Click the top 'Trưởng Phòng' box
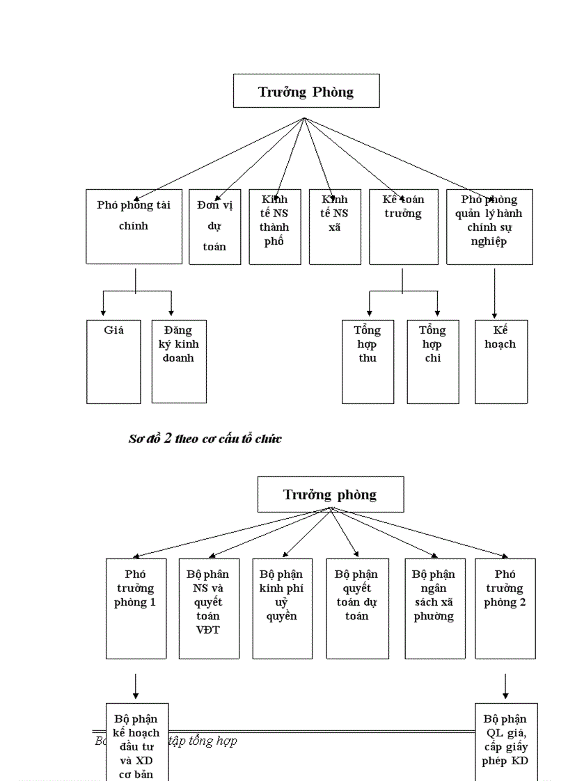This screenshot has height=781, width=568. (306, 91)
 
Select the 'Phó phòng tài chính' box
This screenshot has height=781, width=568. (134, 226)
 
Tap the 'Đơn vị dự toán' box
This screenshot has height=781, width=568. (214, 226)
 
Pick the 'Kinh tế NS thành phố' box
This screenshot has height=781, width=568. (274, 226)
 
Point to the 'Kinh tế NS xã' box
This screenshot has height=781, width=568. (335, 226)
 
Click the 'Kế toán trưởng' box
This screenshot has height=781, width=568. (404, 226)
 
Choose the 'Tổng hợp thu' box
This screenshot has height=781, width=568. (368, 361)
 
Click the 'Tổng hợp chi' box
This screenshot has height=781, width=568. (433, 361)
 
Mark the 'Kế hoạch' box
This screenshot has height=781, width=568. (501, 361)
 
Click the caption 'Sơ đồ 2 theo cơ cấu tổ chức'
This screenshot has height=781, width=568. (205, 439)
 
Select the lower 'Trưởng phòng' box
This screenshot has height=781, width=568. (331, 494)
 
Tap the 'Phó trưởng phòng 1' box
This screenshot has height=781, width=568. (136, 608)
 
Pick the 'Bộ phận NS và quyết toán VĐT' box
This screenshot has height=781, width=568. (209, 608)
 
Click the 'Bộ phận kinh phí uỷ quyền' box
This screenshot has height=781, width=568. (282, 608)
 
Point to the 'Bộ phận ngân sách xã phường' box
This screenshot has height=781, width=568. (434, 608)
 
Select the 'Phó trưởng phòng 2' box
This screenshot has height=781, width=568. (505, 608)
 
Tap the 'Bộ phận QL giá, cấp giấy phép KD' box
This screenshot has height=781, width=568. (505, 741)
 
